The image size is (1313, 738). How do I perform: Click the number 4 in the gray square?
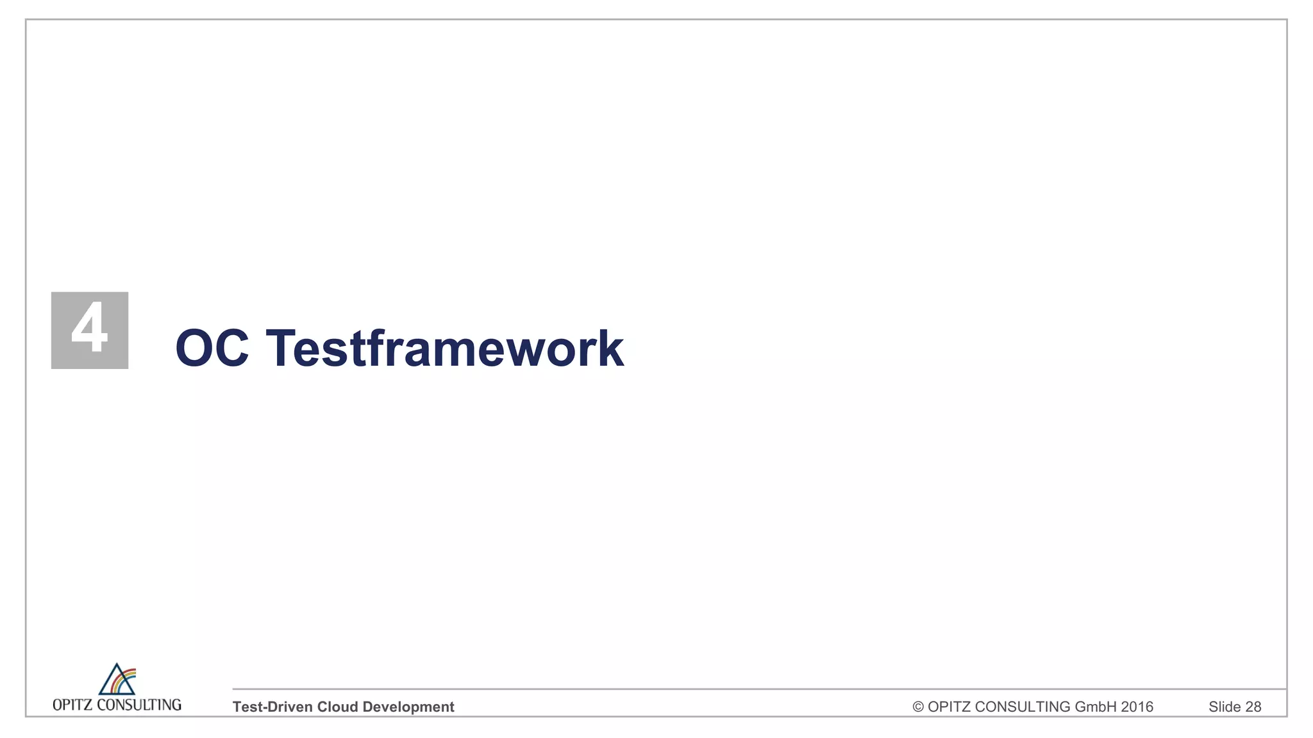[89, 328]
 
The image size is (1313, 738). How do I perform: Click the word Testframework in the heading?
[444, 348]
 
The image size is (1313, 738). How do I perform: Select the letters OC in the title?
[212, 348]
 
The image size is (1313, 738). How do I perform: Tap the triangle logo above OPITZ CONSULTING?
[117, 680]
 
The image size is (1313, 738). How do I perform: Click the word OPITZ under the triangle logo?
[72, 705]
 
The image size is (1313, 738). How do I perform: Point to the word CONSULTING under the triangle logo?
[139, 705]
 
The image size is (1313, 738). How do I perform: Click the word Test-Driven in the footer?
[272, 707]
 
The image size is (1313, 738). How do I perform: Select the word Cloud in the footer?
[337, 707]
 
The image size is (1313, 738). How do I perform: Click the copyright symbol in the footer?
[918, 707]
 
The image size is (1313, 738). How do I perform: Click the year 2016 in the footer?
[1137, 707]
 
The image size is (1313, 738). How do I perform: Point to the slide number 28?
[1253, 707]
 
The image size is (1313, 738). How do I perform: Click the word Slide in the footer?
[1225, 707]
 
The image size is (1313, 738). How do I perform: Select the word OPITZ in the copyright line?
[949, 707]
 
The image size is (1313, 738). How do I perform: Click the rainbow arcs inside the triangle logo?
[126, 679]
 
